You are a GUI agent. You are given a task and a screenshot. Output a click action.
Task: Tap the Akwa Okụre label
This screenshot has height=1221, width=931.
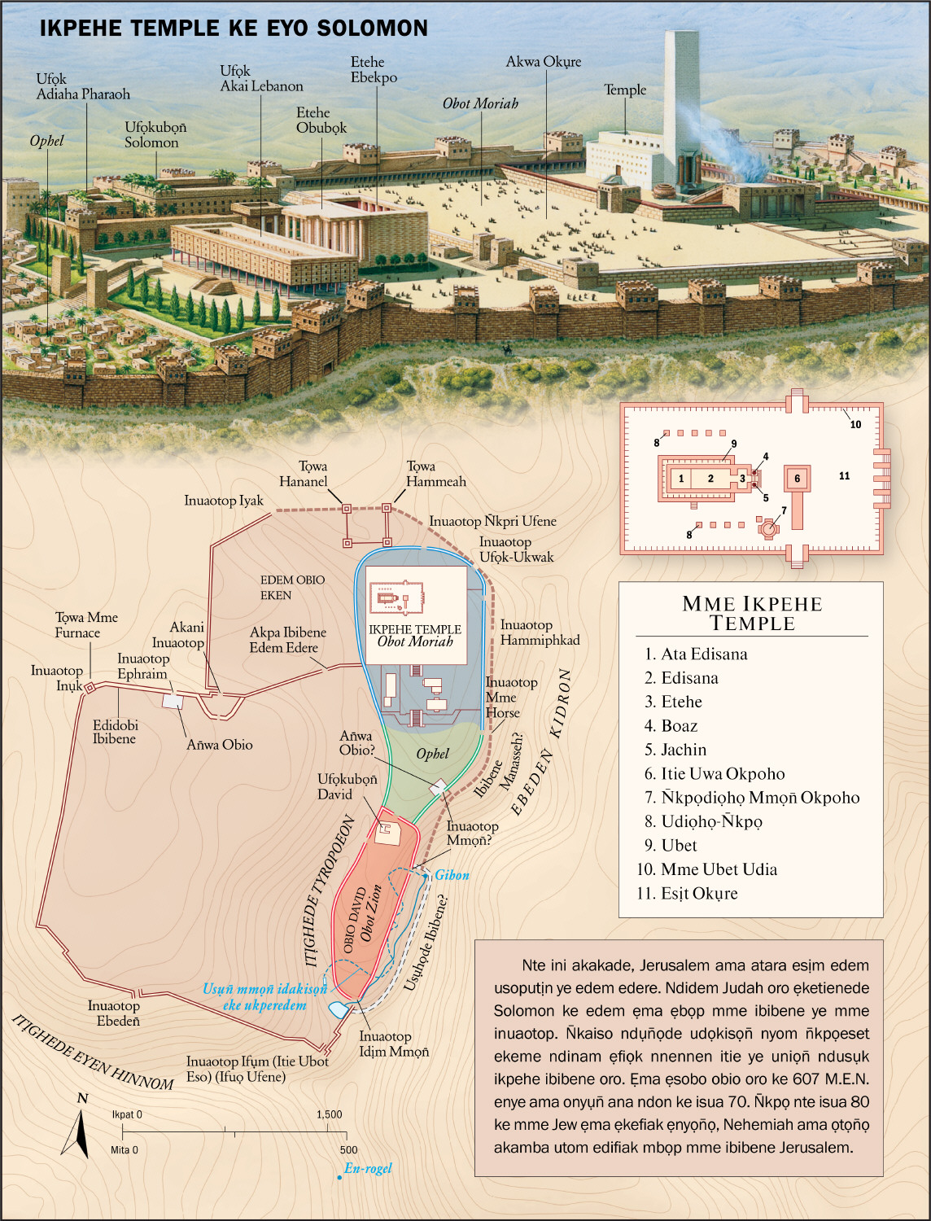point(544,62)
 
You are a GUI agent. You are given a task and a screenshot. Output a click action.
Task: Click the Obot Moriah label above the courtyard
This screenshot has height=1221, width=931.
point(480,103)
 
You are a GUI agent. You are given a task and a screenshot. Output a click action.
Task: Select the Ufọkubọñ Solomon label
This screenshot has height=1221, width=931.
point(155,135)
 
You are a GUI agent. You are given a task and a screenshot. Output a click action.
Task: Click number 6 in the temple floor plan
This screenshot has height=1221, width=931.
point(798,479)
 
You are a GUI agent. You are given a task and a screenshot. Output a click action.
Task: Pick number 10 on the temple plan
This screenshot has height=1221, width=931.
point(855,424)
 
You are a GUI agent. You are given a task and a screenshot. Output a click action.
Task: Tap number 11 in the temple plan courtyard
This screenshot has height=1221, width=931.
point(844,476)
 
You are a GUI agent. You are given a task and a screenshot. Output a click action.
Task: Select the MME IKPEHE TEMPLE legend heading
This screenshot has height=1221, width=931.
point(752,614)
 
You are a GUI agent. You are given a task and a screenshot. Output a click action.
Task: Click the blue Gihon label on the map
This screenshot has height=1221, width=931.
point(452,875)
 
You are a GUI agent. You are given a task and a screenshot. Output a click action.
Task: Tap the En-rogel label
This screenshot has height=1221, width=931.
point(368,1168)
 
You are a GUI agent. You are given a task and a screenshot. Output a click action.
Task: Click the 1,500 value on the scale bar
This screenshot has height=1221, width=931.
point(330,1114)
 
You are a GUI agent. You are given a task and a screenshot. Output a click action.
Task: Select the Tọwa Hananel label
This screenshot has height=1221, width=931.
point(304,474)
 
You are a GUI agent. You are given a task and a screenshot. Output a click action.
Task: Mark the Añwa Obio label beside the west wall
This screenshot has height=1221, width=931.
point(220,745)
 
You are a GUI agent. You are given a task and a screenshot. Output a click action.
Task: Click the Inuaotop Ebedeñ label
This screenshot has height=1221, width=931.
point(114,1013)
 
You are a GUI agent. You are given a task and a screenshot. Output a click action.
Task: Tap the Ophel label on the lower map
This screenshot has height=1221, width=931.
point(432,754)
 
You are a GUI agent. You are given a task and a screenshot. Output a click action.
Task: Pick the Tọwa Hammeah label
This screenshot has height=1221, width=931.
point(436,474)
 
